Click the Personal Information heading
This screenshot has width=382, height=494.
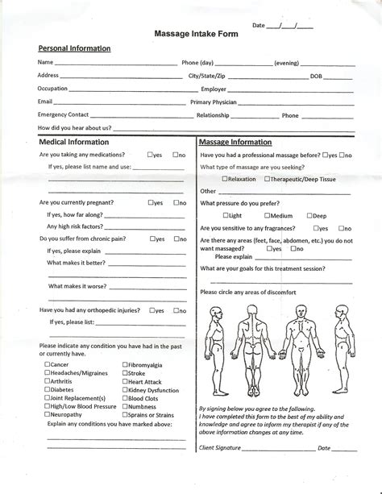tap(75, 48)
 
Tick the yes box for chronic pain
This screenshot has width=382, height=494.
tap(153, 239)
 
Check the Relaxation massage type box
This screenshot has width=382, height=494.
tap(225, 179)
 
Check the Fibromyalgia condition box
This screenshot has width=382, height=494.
tap(125, 364)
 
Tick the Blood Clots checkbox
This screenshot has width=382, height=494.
tap(125, 398)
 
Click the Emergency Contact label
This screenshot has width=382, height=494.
tap(63, 115)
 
